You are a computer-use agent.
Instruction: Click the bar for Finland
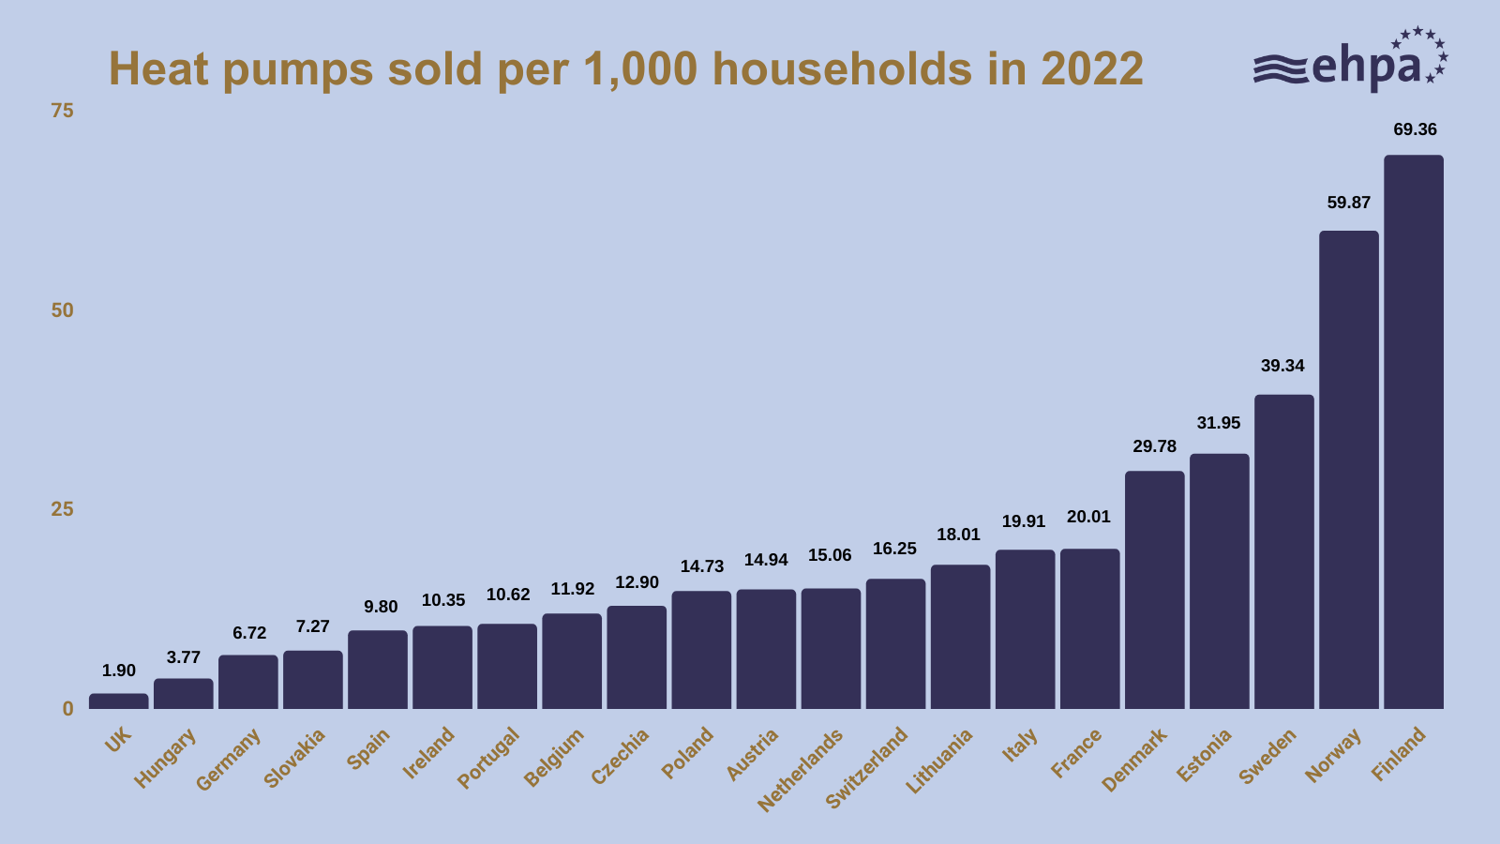pos(1413,431)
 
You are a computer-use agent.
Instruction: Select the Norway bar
pos(1348,469)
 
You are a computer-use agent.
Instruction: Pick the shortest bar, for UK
pos(118,701)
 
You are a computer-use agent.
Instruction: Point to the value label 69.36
pos(1415,129)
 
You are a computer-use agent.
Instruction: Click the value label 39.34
pos(1282,366)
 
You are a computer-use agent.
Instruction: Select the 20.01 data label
pos(1088,517)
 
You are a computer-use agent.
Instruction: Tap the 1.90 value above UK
pos(119,671)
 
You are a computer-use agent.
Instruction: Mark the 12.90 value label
pos(637,582)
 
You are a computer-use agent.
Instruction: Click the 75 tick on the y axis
pos(62,111)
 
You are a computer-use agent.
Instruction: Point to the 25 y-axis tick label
pos(62,509)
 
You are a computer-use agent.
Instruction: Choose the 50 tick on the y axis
pos(62,310)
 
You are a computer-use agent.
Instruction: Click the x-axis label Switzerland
pos(867,767)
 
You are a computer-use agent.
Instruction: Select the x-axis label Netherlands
pos(801,769)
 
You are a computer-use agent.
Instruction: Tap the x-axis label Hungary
pos(166,758)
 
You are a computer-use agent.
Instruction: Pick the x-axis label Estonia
pos(1204,755)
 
